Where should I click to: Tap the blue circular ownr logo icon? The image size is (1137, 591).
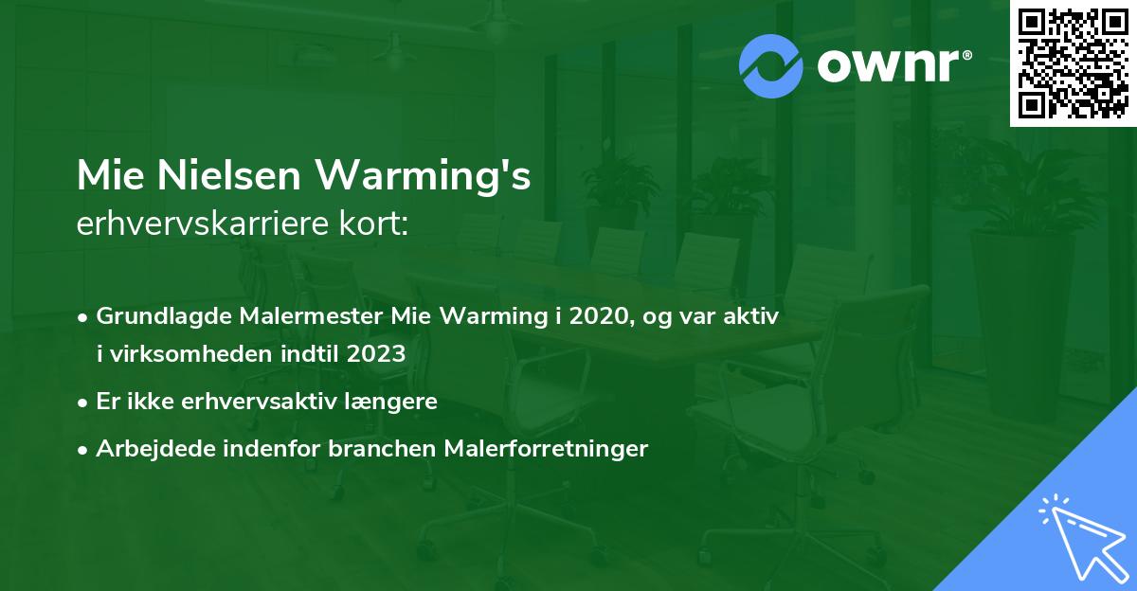tap(770, 66)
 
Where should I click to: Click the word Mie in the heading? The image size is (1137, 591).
tap(107, 175)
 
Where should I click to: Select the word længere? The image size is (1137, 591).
tap(398, 402)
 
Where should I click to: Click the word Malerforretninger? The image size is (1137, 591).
tap(546, 449)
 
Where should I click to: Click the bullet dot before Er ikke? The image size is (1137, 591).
tap(84, 403)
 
